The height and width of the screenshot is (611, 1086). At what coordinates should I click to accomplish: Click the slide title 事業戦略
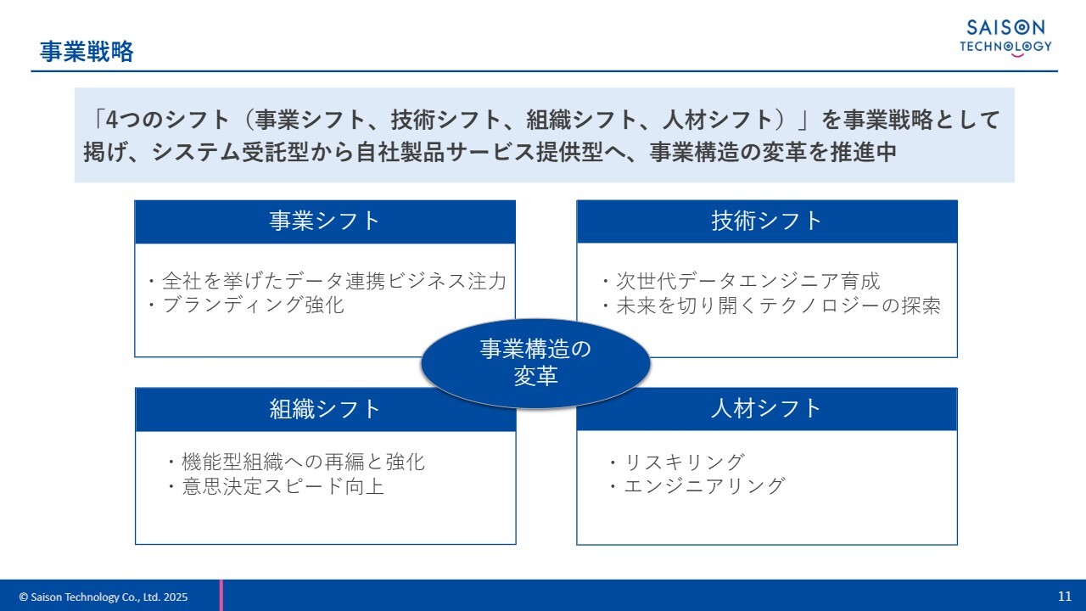click(x=87, y=52)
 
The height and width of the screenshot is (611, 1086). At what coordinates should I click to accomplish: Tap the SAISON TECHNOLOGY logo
click(x=1005, y=38)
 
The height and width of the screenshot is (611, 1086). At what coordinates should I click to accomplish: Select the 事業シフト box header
click(x=325, y=221)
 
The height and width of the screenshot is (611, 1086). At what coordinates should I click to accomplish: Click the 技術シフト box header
click(x=767, y=221)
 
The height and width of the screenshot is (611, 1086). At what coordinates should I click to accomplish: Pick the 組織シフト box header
click(x=325, y=410)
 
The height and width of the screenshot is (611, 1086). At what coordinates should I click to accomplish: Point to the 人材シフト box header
click(x=767, y=409)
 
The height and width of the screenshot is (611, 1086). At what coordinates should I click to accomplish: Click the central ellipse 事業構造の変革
click(x=535, y=362)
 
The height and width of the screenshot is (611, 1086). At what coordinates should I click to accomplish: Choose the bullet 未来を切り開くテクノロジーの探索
click(x=770, y=305)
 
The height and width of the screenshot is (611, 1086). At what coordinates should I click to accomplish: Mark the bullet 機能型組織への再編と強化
click(x=295, y=462)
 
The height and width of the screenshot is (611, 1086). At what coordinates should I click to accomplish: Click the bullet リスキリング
click(x=676, y=462)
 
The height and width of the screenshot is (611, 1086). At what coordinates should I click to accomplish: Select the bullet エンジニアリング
click(x=697, y=486)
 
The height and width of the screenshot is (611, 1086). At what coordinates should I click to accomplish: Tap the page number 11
click(x=1065, y=597)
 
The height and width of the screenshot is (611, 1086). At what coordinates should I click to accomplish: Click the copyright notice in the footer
click(x=104, y=597)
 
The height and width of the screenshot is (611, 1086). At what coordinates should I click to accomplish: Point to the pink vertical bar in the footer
click(x=221, y=595)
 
